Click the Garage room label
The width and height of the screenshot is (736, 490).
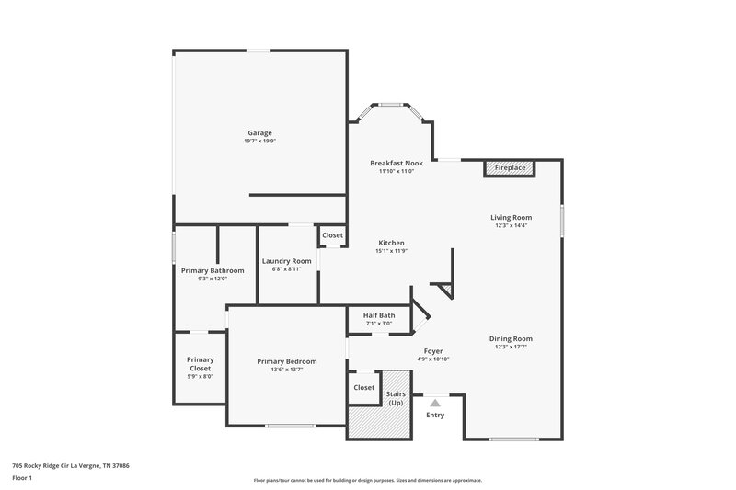(x=259, y=133)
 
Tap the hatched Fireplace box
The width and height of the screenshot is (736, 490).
(x=510, y=168)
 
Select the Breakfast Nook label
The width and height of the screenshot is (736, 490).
(x=397, y=163)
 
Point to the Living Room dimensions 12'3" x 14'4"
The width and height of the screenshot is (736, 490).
(x=511, y=225)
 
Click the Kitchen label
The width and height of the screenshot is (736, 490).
(x=390, y=243)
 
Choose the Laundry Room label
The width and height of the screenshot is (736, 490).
(x=287, y=261)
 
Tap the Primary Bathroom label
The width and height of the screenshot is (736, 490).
(x=213, y=270)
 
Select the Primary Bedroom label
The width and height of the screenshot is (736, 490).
(x=287, y=361)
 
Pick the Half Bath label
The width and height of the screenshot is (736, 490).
(x=379, y=315)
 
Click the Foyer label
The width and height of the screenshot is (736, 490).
(x=433, y=351)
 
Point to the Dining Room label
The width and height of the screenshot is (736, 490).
(x=511, y=338)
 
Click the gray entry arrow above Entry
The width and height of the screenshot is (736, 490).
(x=435, y=402)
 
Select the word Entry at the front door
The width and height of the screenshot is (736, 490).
(x=435, y=416)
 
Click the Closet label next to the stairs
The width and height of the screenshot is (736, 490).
(x=364, y=387)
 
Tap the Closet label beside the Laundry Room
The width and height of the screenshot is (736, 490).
(x=332, y=235)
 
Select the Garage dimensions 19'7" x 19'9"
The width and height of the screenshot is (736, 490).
(x=259, y=142)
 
